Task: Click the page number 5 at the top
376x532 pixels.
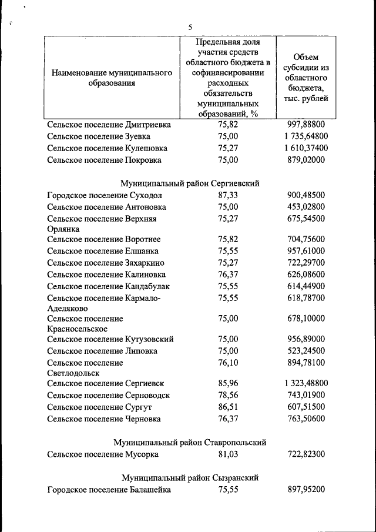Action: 190,26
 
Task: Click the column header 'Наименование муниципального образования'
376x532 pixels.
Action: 112,78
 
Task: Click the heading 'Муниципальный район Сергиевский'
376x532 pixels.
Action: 190,183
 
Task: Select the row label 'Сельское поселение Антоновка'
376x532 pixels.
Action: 106,207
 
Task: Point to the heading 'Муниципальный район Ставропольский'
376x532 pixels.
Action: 190,442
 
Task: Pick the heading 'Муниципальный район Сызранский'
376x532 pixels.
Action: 190,477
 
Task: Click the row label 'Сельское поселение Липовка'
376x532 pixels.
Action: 102,351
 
